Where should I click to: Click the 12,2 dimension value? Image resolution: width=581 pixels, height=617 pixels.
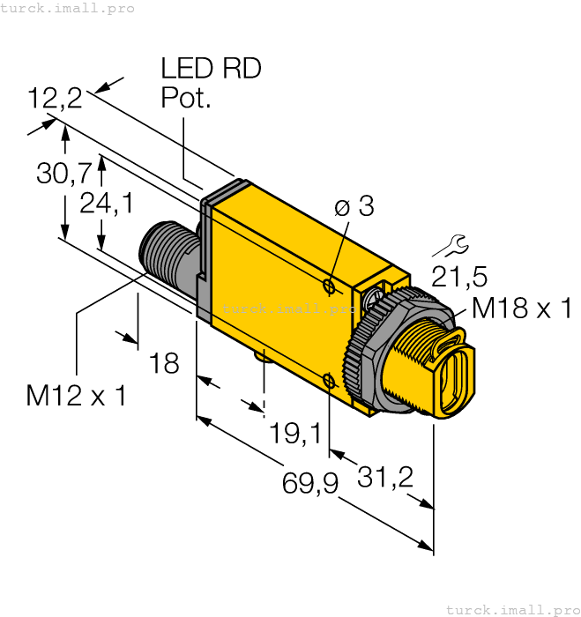[x=55, y=98]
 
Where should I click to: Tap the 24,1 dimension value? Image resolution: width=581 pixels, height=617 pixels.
[x=106, y=204]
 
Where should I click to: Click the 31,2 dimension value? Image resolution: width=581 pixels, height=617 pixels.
[x=385, y=477]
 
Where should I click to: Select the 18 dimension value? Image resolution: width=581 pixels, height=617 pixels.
[x=164, y=361]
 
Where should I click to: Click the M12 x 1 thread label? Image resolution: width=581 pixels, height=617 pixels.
[x=76, y=396]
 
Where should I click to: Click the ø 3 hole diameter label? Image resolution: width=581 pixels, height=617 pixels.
[x=354, y=207]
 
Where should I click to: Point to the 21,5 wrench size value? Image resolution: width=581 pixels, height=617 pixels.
[x=458, y=277]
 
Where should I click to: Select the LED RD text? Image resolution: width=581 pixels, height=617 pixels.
[x=211, y=69]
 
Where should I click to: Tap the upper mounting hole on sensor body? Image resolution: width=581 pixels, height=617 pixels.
[x=329, y=286]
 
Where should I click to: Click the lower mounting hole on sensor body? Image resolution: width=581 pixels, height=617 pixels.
[x=328, y=381]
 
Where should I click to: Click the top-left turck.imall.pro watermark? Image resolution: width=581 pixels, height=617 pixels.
[x=68, y=8]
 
